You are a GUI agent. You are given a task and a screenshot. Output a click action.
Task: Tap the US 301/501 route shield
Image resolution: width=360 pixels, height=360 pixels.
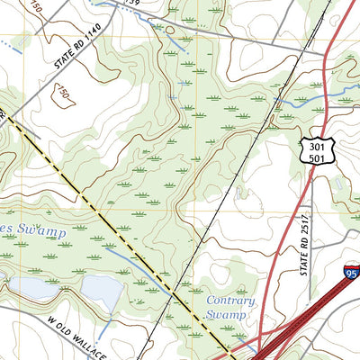pyautogui.click(x=310, y=151)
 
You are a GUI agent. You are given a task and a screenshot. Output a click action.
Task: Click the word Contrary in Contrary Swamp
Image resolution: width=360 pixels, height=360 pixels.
pyautogui.click(x=229, y=301)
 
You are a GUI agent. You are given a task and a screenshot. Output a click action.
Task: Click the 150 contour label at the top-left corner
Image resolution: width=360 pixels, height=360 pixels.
pyautogui.click(x=33, y=7)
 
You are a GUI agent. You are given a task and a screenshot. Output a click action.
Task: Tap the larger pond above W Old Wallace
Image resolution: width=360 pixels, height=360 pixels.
pyautogui.click(x=101, y=292)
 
